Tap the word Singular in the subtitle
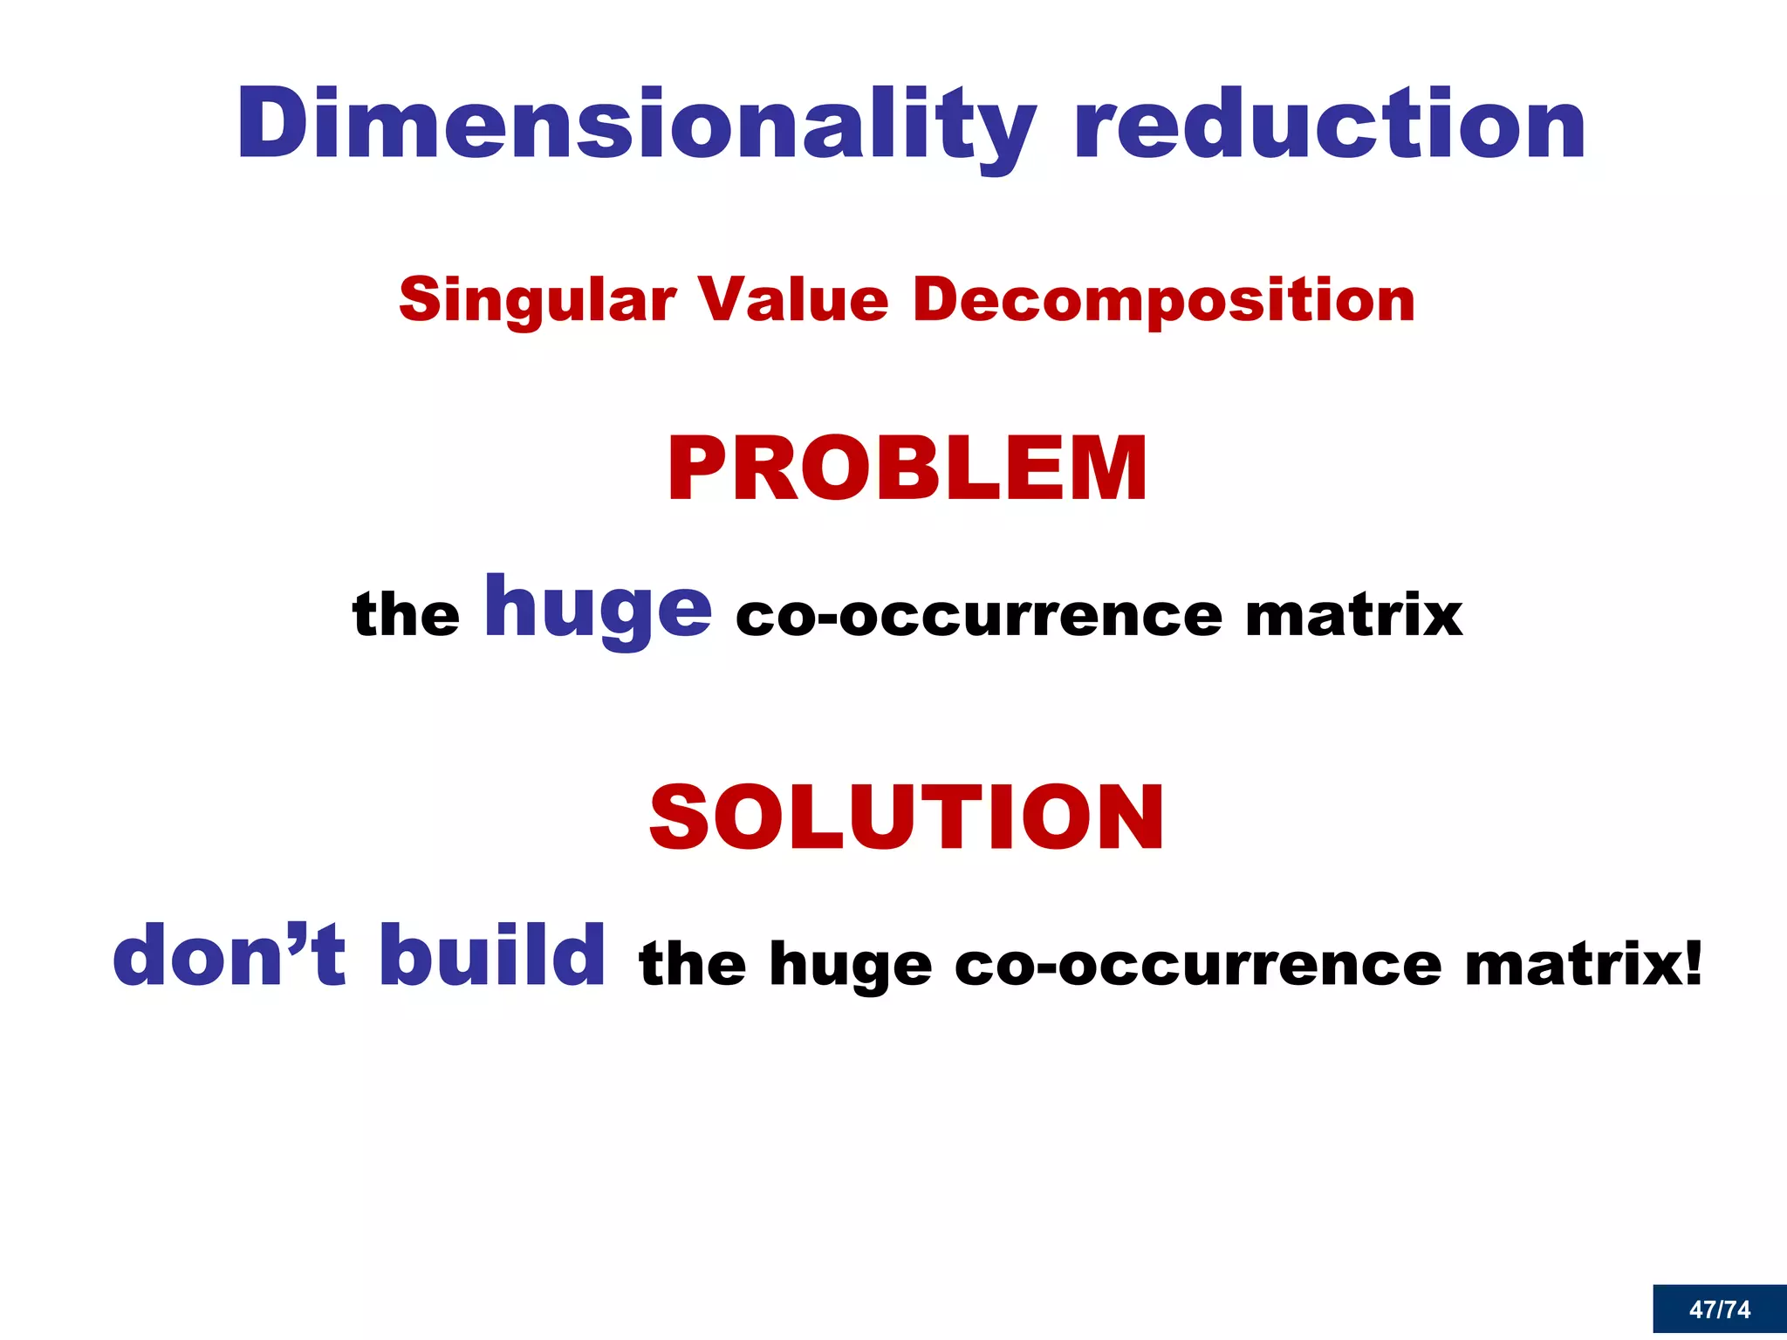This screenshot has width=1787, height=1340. click(537, 300)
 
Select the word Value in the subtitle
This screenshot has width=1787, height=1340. click(794, 300)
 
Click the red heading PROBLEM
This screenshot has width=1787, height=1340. click(907, 469)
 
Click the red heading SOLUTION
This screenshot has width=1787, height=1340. click(907, 817)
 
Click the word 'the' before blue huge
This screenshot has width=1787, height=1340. click(406, 614)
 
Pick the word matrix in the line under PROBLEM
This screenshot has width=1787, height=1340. click(1353, 615)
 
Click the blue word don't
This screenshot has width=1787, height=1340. click(229, 956)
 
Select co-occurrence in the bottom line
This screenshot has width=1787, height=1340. click(1198, 967)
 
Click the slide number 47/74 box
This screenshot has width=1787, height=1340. click(1719, 1309)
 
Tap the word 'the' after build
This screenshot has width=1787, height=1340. click(693, 965)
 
